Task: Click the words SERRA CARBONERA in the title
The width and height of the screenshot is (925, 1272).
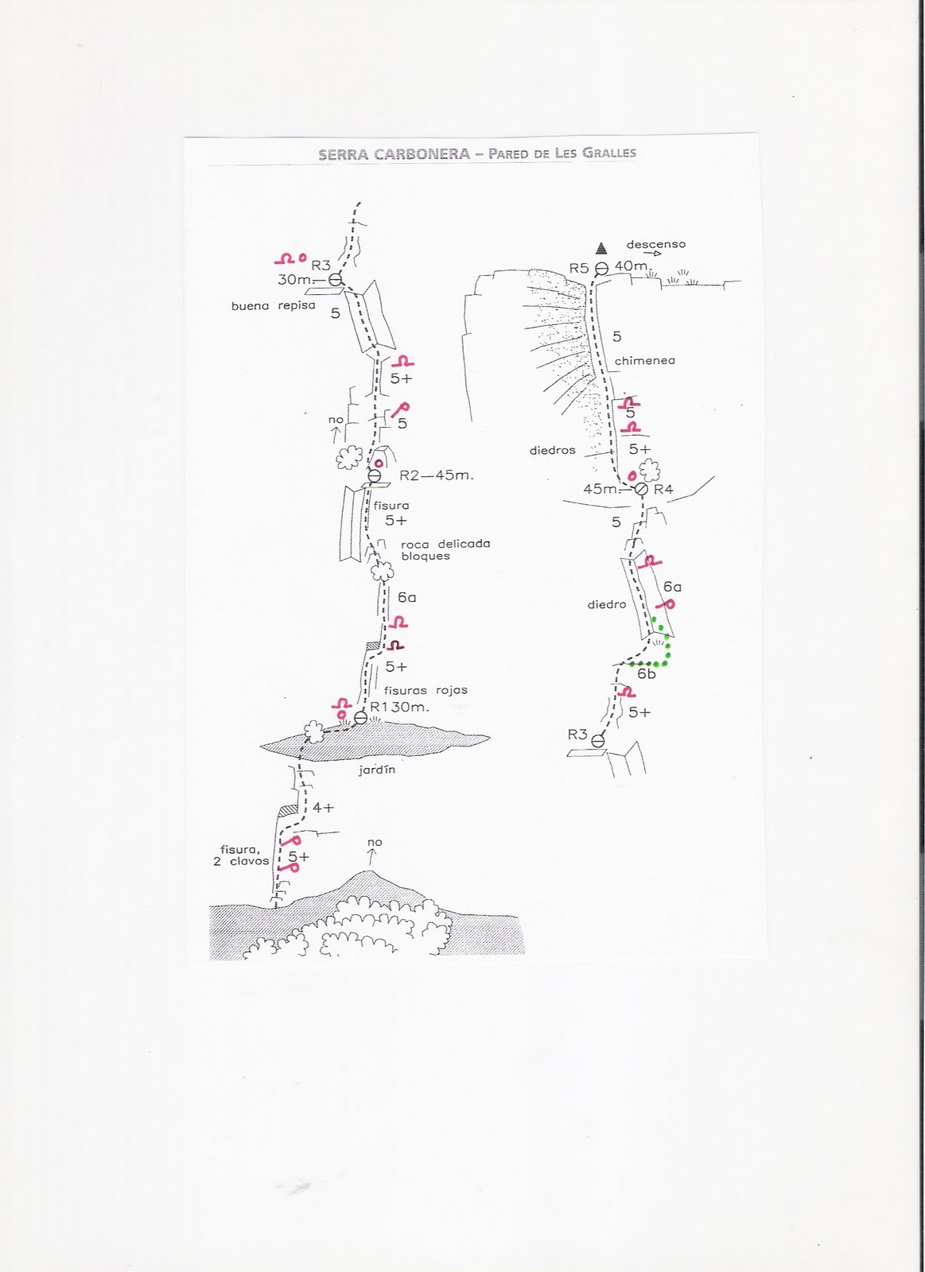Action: pyautogui.click(x=394, y=154)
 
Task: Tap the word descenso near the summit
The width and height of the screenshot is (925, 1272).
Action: pyautogui.click(x=655, y=245)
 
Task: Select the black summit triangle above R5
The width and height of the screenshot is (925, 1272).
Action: pyautogui.click(x=602, y=246)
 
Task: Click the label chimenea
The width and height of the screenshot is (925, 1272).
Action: pyautogui.click(x=644, y=361)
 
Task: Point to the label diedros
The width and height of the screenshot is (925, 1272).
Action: pyautogui.click(x=552, y=451)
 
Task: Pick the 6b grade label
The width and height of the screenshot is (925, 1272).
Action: pyautogui.click(x=647, y=674)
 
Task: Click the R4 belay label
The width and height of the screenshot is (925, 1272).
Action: pyautogui.click(x=663, y=489)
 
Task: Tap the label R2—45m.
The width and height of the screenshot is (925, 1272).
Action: pyautogui.click(x=436, y=475)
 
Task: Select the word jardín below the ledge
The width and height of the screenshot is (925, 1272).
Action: pyautogui.click(x=377, y=770)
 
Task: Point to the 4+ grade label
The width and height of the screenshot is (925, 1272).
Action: pyautogui.click(x=323, y=808)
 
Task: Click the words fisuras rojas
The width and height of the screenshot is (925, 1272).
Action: pyautogui.click(x=426, y=690)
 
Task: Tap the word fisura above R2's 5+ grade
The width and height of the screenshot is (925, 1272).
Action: pyautogui.click(x=391, y=505)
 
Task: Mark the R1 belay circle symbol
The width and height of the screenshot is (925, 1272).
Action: pyautogui.click(x=360, y=717)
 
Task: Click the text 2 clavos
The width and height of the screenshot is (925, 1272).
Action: pyautogui.click(x=241, y=861)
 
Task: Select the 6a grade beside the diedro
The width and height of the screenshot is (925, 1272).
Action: pyautogui.click(x=672, y=587)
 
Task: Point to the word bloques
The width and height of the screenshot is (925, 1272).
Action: pyautogui.click(x=426, y=556)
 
